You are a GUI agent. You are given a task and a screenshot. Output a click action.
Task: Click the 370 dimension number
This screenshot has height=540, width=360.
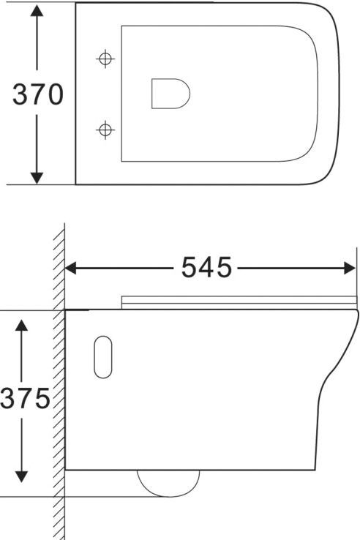tap(34, 95)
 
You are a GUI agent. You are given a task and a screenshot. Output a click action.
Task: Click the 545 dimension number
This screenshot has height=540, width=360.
tap(206, 268)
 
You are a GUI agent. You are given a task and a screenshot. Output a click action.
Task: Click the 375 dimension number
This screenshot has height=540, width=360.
tap(24, 400)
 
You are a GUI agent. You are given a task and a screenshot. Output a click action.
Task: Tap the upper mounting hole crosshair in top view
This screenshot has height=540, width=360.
tap(105, 58)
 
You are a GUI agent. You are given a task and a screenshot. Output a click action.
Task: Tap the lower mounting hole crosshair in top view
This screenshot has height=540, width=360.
tap(105, 130)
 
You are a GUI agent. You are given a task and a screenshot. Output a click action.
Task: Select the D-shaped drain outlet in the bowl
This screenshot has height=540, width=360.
tap(170, 94)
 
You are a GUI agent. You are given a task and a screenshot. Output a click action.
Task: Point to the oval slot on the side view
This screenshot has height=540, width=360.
tap(102, 358)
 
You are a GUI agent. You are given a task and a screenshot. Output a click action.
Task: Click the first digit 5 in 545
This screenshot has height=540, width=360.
tap(190, 268)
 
